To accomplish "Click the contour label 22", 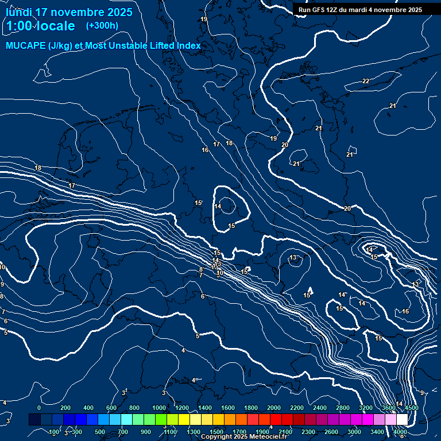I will [366, 81].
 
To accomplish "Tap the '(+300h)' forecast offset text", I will [102, 26].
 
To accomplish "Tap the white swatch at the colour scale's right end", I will [401, 420].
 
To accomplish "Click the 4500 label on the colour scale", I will [411, 408].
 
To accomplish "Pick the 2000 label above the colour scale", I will [274, 408].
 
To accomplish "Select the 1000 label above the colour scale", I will [159, 408].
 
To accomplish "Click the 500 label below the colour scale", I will [99, 432].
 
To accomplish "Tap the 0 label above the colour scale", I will [39, 408].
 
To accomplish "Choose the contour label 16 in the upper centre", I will [205, 150].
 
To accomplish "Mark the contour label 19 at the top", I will [204, 19].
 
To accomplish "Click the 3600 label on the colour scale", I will [389, 408].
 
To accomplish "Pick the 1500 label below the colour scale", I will [216, 432].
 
